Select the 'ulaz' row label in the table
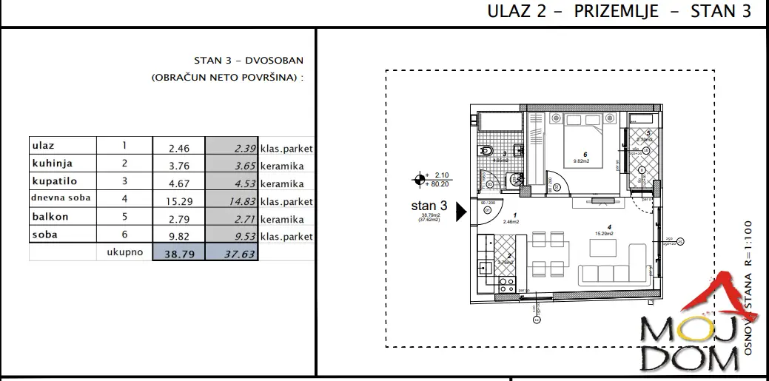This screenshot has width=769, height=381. pyautogui.click(x=44, y=146)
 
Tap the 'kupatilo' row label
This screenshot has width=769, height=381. pyautogui.click(x=53, y=181)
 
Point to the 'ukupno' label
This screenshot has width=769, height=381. pyautogui.click(x=123, y=252)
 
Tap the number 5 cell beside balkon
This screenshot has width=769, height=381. pyautogui.click(x=124, y=218)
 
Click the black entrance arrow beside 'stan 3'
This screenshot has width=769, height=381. pyautogui.click(x=461, y=212)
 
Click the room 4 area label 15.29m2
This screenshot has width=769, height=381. pyautogui.click(x=608, y=234)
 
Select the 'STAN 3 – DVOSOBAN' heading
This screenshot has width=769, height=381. pyautogui.click(x=248, y=61)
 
